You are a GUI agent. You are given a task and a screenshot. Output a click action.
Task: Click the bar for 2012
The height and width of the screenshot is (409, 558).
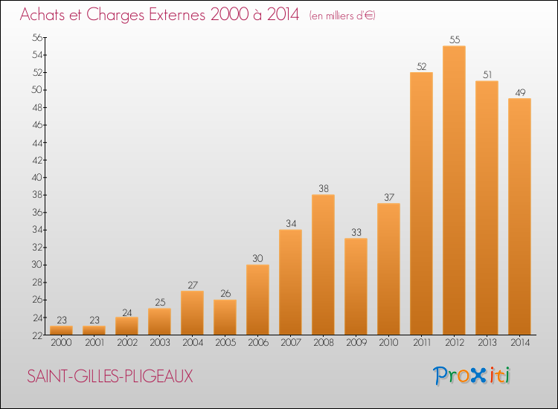coord(454,190)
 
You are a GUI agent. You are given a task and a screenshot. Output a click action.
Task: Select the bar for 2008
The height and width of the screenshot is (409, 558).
coord(323,265)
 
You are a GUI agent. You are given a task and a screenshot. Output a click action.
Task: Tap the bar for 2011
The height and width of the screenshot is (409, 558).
coord(421,203)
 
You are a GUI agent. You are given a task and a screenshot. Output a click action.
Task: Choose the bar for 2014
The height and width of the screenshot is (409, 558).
coord(519,216)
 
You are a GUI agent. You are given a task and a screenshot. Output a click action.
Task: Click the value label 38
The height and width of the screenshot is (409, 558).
coord(323,188)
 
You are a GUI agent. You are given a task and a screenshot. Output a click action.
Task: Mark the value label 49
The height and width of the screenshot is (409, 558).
coord(519,92)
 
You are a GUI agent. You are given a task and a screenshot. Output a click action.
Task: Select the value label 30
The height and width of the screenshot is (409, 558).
coord(257,258)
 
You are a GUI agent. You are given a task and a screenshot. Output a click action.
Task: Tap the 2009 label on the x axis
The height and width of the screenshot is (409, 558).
coord(356,343)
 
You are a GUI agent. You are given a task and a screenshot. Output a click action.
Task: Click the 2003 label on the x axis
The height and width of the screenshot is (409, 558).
coord(159,343)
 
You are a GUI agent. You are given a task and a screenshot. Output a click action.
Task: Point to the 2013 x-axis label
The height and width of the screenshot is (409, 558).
coord(487,343)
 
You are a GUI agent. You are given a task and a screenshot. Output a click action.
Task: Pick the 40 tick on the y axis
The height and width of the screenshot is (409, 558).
coord(35,177)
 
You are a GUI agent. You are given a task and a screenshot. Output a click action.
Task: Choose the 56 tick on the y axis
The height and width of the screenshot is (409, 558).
coord(35,37)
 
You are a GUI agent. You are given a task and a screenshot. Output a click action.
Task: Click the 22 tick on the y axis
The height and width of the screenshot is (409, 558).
coord(35,335)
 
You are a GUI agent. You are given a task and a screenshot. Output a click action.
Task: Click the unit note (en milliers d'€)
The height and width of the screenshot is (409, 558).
coord(342,16)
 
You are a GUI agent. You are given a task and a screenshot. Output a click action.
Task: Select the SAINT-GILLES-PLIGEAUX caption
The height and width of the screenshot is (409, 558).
coord(109,376)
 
